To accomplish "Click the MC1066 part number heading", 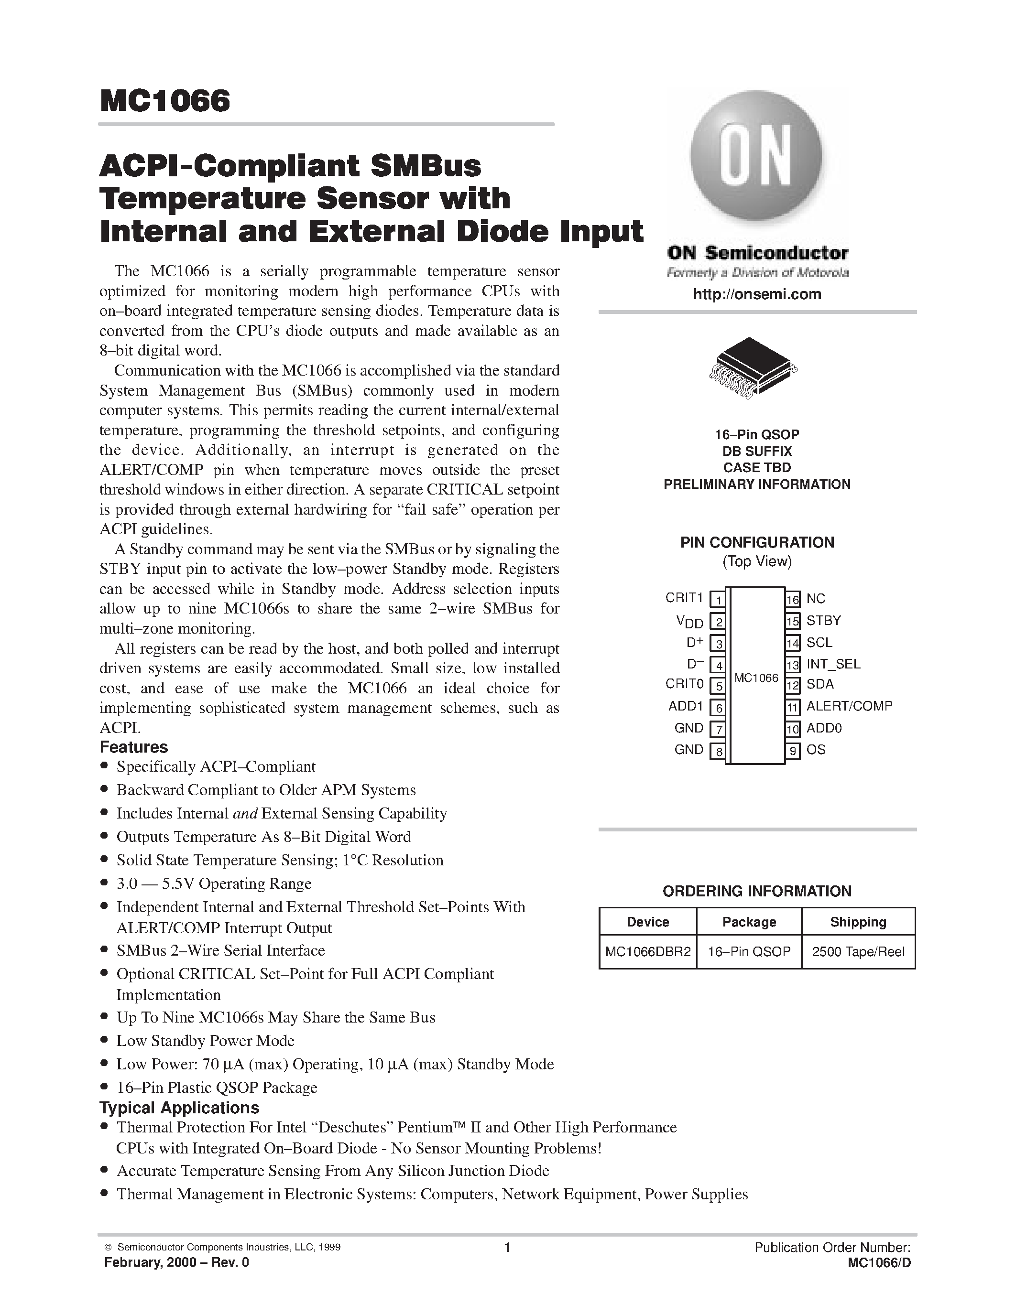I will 165,101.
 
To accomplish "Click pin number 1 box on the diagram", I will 718,600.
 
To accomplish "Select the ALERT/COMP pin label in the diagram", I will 849,706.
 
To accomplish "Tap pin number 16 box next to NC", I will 793,599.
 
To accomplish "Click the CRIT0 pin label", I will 684,684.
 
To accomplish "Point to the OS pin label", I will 816,750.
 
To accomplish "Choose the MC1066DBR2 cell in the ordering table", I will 648,952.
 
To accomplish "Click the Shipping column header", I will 858,922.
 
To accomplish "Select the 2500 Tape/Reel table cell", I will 858,952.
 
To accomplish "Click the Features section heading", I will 133,747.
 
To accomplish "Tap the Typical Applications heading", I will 179,1108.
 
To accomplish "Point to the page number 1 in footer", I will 507,1247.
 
